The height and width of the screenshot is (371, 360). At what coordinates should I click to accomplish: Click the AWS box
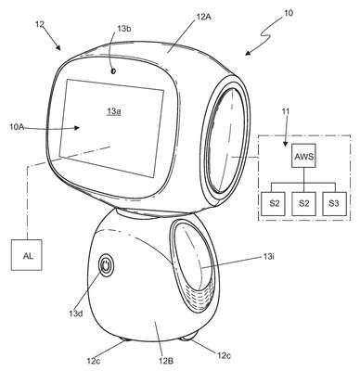pyautogui.click(x=304, y=156)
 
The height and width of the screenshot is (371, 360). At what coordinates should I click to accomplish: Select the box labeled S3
pyautogui.click(x=334, y=204)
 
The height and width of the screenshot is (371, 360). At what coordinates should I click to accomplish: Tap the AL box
pyautogui.click(x=27, y=255)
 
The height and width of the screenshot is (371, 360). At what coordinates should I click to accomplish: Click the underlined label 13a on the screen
pyautogui.click(x=114, y=111)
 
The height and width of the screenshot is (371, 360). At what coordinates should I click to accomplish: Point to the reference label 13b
pyautogui.click(x=124, y=29)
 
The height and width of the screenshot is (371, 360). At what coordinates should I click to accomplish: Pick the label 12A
pyautogui.click(x=203, y=17)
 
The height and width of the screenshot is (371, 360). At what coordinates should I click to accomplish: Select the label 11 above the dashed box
pyautogui.click(x=285, y=111)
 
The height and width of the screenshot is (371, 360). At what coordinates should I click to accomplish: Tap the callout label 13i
pyautogui.click(x=269, y=256)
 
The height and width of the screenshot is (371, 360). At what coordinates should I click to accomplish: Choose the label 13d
pyautogui.click(x=76, y=313)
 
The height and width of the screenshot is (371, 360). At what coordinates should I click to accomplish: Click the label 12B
pyautogui.click(x=166, y=361)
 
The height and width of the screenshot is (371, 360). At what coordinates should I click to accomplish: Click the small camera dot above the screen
pyautogui.click(x=113, y=71)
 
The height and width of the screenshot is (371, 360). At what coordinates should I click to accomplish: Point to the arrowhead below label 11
pyautogui.click(x=286, y=143)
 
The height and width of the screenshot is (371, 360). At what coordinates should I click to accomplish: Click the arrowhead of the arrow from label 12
pyautogui.click(x=58, y=46)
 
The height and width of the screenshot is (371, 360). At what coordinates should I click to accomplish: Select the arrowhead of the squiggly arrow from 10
pyautogui.click(x=249, y=53)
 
